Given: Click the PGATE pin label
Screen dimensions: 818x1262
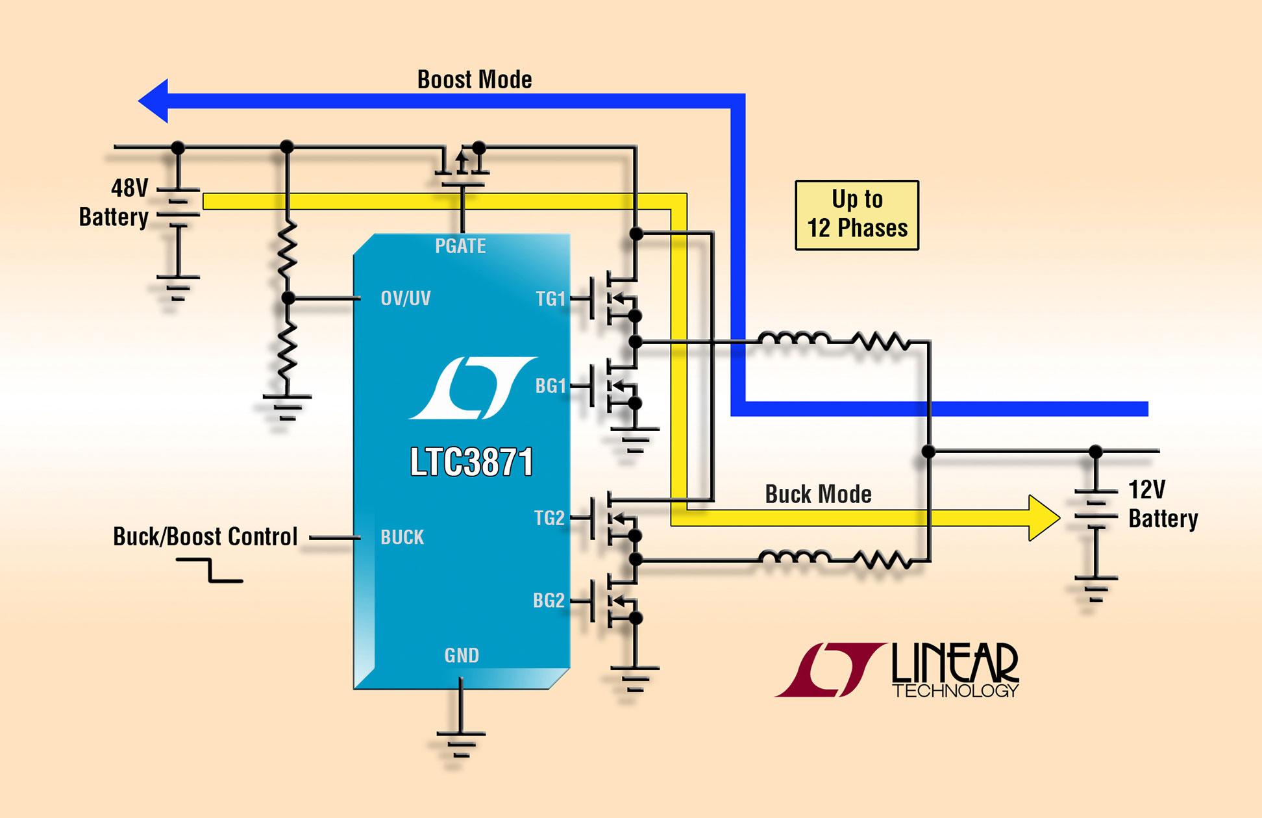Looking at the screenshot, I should coord(460,246).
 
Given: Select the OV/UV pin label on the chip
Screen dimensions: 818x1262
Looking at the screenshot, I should coord(405,298).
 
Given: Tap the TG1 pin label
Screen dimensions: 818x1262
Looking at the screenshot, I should coord(551,299).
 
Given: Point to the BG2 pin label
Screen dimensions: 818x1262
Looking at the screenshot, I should coord(549,601).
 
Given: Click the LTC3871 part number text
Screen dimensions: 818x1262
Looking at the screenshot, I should coord(471,462).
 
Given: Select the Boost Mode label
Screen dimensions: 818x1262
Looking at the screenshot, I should coord(475,80).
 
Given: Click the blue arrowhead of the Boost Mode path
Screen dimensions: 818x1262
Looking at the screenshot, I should coord(155,101).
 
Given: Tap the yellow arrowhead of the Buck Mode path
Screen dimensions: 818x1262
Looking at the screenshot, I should coord(1043,517).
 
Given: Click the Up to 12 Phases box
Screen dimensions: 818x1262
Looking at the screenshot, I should coord(857,215).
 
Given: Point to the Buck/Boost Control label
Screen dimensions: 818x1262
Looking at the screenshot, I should coord(205,537).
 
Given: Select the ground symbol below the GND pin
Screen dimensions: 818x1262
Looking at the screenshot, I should coord(460,744).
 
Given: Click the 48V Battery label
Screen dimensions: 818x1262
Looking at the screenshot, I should coord(114,203).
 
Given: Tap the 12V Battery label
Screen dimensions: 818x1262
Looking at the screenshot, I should coord(1163,504).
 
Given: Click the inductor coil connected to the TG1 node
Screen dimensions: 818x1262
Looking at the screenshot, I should coord(793,339).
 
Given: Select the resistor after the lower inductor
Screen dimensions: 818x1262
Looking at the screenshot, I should coord(881,559).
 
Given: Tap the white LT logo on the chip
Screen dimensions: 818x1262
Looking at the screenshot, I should coord(473,388).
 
